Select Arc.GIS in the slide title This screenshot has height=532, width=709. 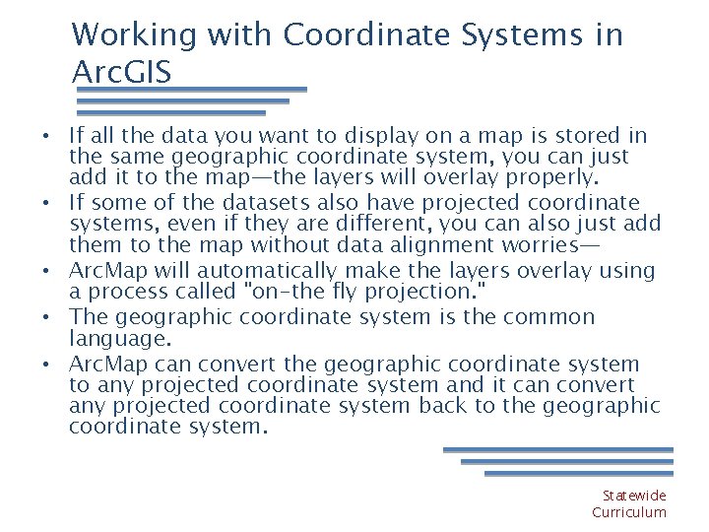coord(121,72)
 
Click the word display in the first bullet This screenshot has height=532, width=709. coord(383,136)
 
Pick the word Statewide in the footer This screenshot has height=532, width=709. coord(634,496)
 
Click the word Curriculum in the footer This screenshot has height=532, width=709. coord(628,512)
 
